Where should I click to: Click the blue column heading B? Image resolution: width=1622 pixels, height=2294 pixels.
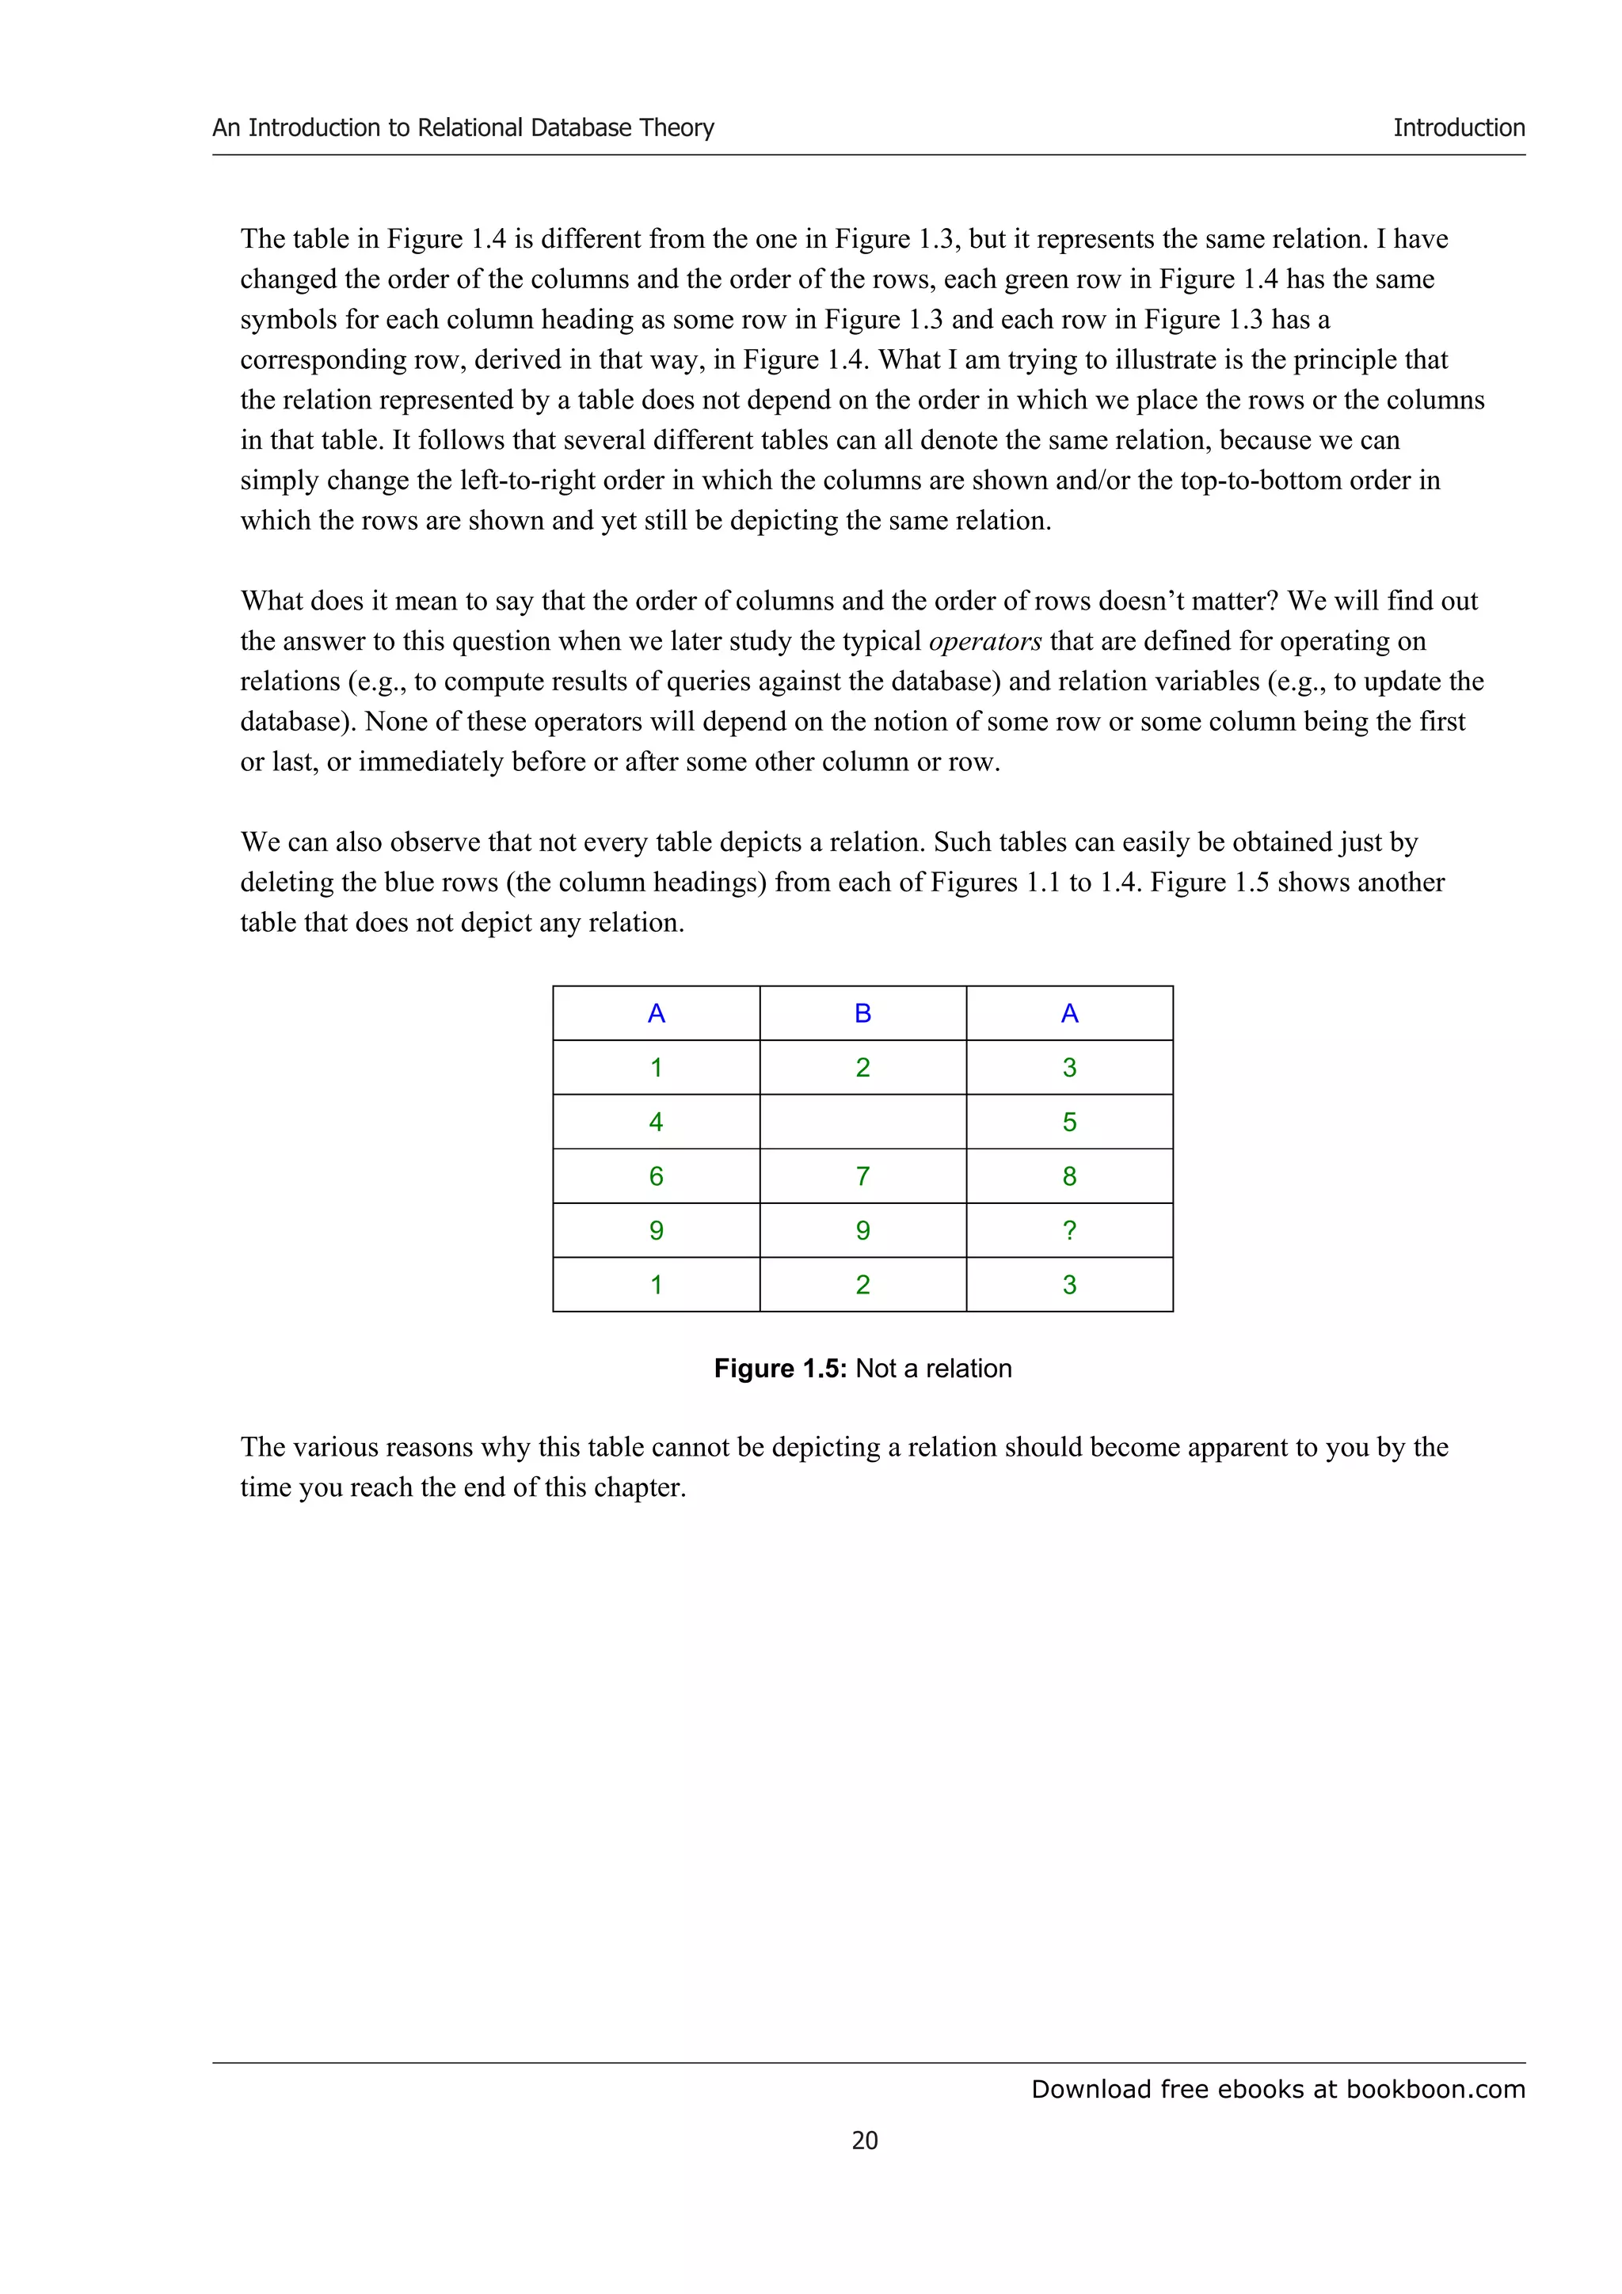point(862,1013)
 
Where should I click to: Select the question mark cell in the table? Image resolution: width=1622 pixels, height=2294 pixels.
point(1068,1230)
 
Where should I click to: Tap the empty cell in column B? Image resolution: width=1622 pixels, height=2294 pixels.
point(862,1121)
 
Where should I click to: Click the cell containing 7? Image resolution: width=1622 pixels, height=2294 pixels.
point(862,1176)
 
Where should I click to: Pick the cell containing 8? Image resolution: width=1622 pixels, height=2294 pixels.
point(1068,1176)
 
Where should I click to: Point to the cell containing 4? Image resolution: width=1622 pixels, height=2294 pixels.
point(656,1121)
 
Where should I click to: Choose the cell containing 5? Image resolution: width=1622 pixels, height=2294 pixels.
point(1068,1121)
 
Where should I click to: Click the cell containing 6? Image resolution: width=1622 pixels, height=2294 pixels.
point(656,1176)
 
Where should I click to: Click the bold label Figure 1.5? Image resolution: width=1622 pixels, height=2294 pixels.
point(779,1368)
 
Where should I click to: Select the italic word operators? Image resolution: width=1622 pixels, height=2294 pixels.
point(984,641)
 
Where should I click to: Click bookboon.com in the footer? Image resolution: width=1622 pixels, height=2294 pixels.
point(1435,2089)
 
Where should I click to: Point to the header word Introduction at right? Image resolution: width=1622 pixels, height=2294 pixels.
point(1458,128)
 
